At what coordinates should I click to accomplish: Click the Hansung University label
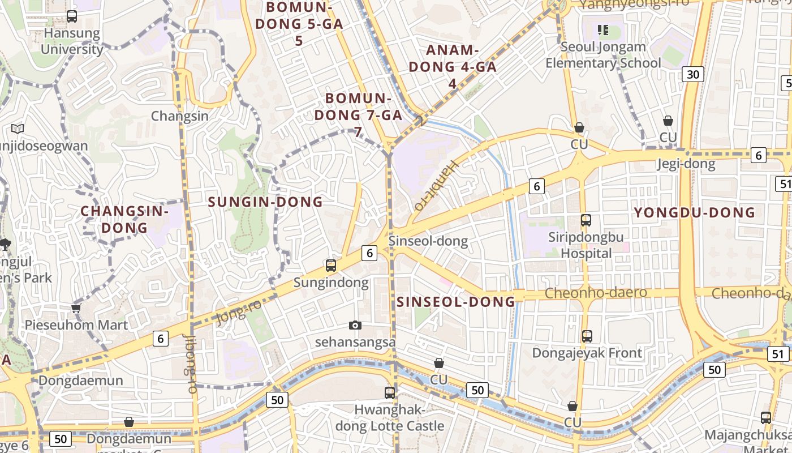pyautogui.click(x=72, y=41)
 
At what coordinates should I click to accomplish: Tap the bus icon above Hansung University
pyautogui.click(x=72, y=16)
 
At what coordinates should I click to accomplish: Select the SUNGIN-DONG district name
pyautogui.click(x=265, y=202)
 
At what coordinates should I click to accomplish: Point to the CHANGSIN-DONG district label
pyautogui.click(x=124, y=219)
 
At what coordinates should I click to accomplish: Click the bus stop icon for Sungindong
pyautogui.click(x=331, y=265)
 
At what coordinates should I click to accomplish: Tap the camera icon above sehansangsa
pyautogui.click(x=355, y=325)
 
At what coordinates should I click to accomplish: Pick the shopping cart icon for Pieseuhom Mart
pyautogui.click(x=76, y=308)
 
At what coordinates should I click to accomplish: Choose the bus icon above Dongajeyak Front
pyautogui.click(x=587, y=336)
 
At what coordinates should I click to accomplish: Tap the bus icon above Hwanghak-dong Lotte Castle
pyautogui.click(x=390, y=392)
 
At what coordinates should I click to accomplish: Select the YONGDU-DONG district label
pyautogui.click(x=694, y=213)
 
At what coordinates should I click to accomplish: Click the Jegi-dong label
pyautogui.click(x=686, y=165)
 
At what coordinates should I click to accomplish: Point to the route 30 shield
pyautogui.click(x=692, y=74)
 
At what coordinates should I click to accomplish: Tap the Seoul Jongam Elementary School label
pyautogui.click(x=603, y=55)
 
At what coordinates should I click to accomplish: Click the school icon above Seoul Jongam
pyautogui.click(x=602, y=30)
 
